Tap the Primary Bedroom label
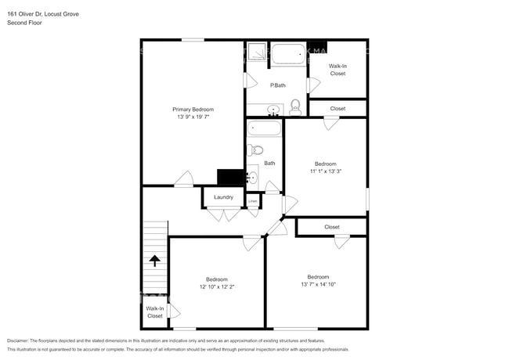click(x=193, y=109)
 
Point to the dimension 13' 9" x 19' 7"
click(x=193, y=117)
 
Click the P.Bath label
click(x=276, y=85)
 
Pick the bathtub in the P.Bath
click(x=287, y=56)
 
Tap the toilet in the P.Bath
click(x=295, y=106)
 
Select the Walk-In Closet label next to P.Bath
click(x=338, y=70)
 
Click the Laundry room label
click(x=223, y=197)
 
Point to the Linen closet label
click(x=253, y=202)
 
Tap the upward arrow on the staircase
click(x=154, y=261)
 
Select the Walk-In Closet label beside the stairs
click(x=154, y=312)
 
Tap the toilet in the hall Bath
click(x=256, y=150)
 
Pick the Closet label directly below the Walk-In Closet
click(x=338, y=109)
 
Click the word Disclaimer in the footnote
click(x=22, y=341)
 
